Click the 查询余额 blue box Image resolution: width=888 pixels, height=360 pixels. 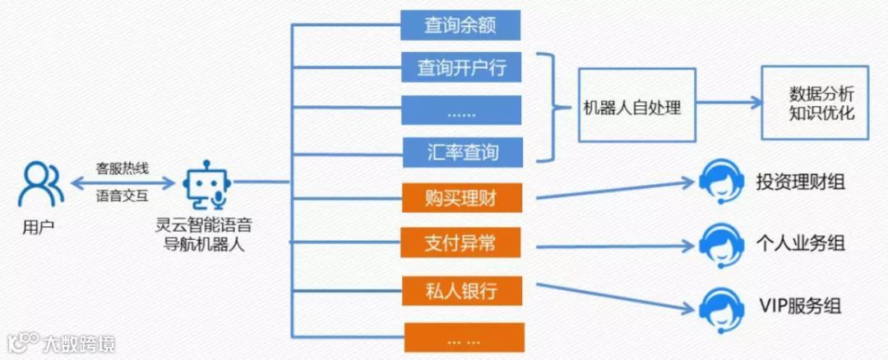[460, 25]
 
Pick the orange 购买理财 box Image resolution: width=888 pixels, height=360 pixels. [462, 198]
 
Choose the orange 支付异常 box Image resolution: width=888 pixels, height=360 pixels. [462, 243]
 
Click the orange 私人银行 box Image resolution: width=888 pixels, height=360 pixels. [462, 289]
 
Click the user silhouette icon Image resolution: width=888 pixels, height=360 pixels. [39, 184]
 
